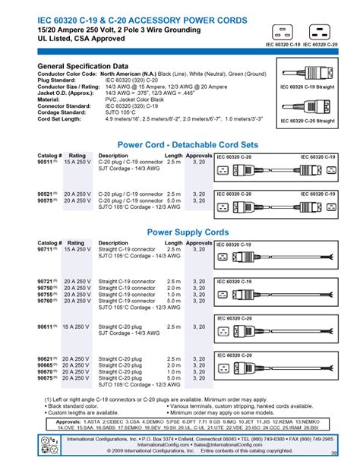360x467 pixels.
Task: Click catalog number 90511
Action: click(46, 161)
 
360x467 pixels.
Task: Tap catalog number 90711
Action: click(46, 248)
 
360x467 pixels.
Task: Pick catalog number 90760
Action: click(46, 301)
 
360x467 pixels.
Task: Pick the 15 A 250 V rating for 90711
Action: click(79, 248)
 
